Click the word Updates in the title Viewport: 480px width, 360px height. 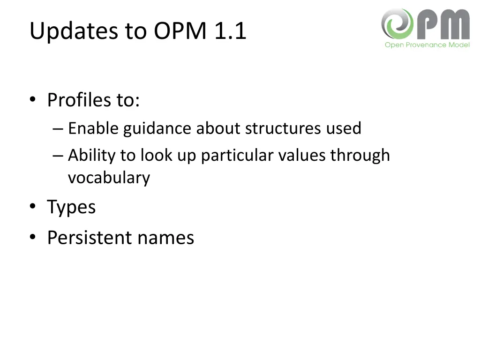coord(73,31)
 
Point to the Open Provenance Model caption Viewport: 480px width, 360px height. coord(427,45)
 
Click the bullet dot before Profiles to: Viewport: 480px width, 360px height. coord(32,100)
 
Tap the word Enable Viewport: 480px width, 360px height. coord(93,128)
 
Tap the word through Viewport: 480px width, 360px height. coord(360,155)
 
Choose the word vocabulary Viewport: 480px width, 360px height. coord(109,178)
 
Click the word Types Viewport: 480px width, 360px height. coord(71,207)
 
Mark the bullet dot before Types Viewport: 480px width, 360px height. coord(32,207)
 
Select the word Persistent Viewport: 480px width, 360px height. coord(90,238)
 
